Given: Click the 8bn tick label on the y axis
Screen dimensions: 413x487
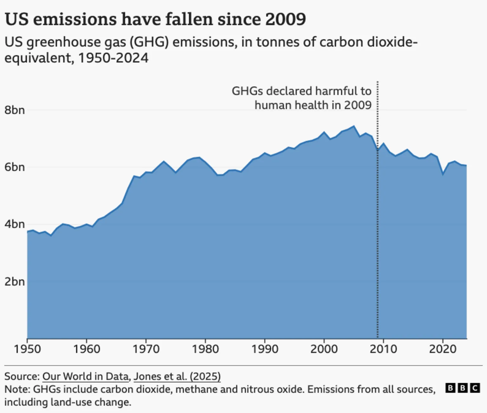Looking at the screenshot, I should [x=14, y=110].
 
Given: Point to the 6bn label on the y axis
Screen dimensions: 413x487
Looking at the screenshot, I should [x=14, y=167].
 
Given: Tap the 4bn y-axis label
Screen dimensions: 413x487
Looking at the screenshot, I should [x=14, y=224].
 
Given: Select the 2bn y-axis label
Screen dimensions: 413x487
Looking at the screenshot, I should [x=14, y=281].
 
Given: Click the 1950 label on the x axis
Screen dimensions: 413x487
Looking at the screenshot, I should [x=27, y=349].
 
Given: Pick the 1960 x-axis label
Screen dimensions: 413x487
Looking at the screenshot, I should [x=87, y=349].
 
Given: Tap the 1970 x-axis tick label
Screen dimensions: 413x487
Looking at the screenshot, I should [x=146, y=349].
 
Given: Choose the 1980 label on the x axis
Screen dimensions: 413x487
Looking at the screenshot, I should [x=205, y=349].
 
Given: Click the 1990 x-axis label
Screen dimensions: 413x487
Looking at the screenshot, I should [x=265, y=349].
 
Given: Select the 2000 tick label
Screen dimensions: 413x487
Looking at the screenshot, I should [x=324, y=349].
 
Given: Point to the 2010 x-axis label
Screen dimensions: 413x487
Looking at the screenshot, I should [x=383, y=349].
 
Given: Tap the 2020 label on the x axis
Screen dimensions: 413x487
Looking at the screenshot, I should [x=443, y=349].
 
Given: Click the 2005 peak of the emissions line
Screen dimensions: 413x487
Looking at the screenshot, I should [x=354, y=126].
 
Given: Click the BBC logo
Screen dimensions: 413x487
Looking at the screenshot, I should [x=462, y=388].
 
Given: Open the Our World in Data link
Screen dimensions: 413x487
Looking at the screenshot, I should [x=85, y=376].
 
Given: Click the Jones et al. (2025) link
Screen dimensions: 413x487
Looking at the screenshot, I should [x=177, y=376].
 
